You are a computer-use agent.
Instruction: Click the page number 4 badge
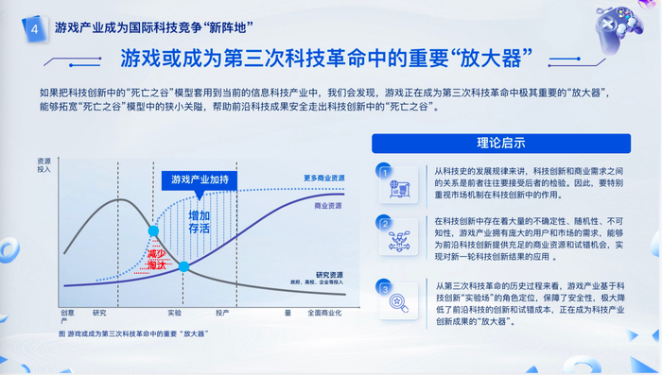[x=35, y=29]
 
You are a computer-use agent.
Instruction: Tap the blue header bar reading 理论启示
[x=500, y=144]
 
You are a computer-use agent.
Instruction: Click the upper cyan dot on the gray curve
[x=153, y=230]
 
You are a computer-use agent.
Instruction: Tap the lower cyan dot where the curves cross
[x=184, y=267]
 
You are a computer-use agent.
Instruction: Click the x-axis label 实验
[x=174, y=313]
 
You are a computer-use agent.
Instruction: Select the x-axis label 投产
[x=222, y=313]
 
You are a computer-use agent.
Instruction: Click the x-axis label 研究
[x=99, y=313]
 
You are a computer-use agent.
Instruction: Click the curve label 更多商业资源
[x=323, y=178]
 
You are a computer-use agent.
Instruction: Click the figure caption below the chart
[x=132, y=333]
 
